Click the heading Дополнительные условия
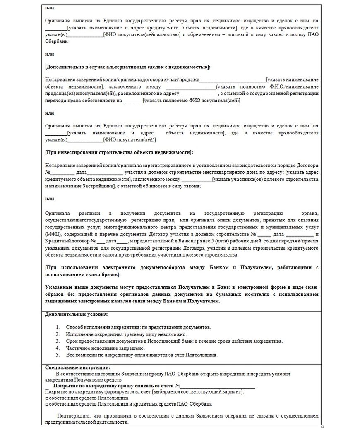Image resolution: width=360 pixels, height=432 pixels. click(x=77, y=314)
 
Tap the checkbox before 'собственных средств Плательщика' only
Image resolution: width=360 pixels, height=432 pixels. click(x=46, y=397)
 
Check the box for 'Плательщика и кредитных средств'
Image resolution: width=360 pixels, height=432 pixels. click(x=46, y=403)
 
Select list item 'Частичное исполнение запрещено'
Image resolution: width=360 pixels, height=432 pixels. click(x=99, y=348)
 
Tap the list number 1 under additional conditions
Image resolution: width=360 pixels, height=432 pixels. click(x=58, y=327)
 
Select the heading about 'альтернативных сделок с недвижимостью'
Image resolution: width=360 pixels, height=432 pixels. click(x=127, y=67)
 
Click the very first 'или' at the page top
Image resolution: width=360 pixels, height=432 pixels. click(x=49, y=7)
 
